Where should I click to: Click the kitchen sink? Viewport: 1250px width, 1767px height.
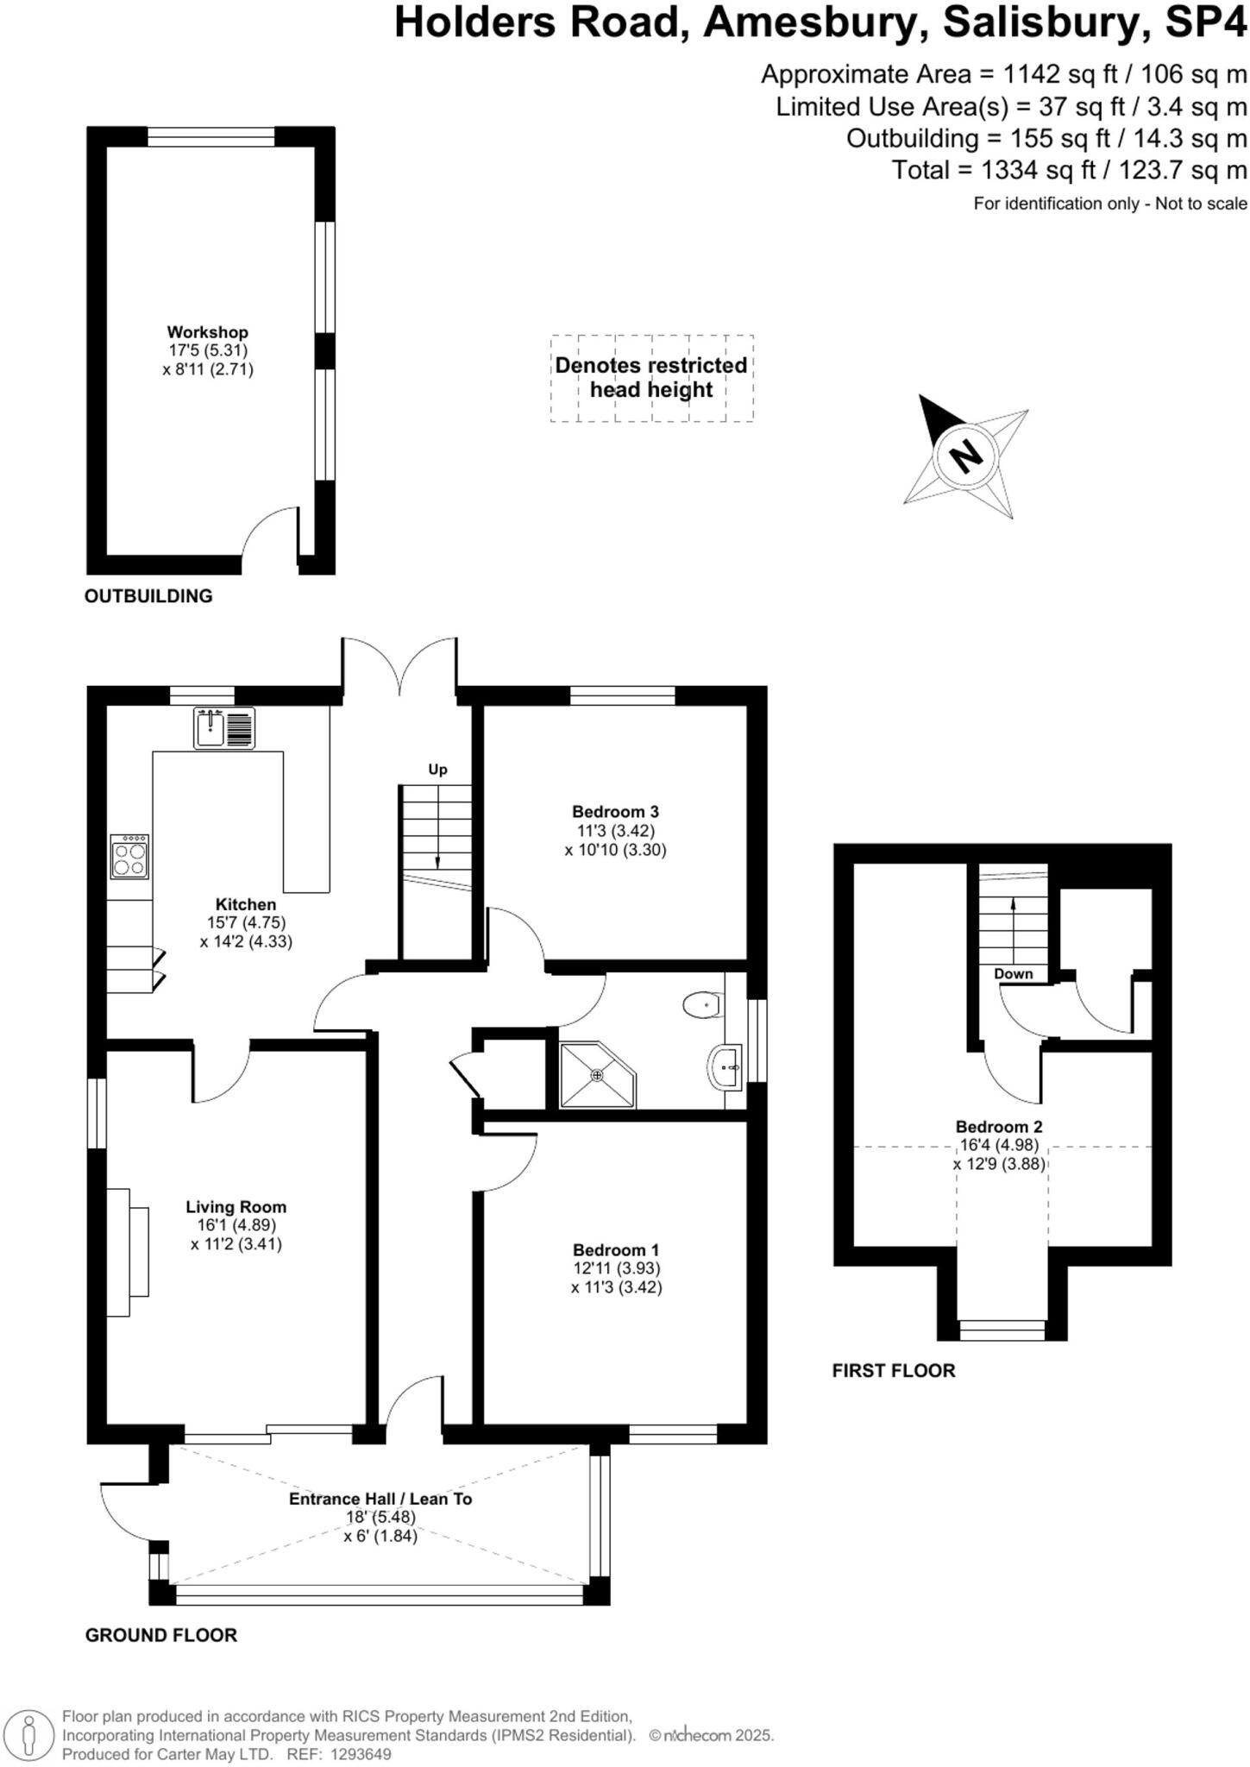pos(223,727)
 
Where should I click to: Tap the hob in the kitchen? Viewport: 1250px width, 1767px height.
pos(129,856)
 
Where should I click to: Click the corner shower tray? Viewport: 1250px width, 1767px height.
pos(596,1075)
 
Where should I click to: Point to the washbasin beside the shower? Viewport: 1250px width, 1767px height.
pos(726,1067)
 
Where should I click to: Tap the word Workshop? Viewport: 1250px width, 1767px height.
pos(207,332)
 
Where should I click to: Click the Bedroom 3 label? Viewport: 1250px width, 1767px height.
pos(615,811)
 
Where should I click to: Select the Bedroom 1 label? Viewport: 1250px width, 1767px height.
pos(615,1249)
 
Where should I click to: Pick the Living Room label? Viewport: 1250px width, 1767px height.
pos(236,1207)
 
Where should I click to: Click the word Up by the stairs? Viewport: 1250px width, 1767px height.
pos(437,770)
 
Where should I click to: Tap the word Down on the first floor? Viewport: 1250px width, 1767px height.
pos(1013,974)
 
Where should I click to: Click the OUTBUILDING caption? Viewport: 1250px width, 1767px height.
pos(148,596)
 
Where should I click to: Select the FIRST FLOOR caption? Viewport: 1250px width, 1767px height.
pos(894,1371)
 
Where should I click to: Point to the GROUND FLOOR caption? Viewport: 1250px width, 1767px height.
pos(160,1635)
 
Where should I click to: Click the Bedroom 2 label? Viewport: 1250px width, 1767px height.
pos(998,1127)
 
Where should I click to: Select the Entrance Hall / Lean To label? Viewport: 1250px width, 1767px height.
pos(380,1499)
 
